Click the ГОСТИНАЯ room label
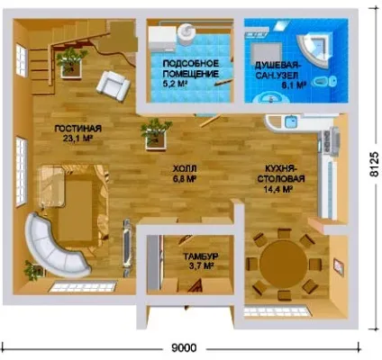click(x=78, y=129)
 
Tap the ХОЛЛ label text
click(x=185, y=168)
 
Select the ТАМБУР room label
click(x=201, y=256)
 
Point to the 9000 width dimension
click(x=185, y=348)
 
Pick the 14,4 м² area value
click(x=278, y=190)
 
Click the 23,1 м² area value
click(x=77, y=139)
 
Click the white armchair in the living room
click(x=113, y=85)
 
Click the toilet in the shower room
click(x=324, y=81)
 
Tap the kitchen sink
click(x=290, y=121)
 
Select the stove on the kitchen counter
click(x=330, y=140)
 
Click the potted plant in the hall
click(x=155, y=134)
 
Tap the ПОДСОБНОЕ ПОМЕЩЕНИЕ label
click(x=191, y=68)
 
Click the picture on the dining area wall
click(x=339, y=267)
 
